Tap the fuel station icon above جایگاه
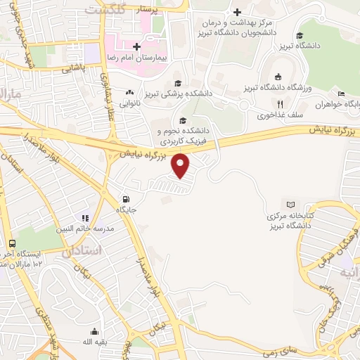tap(126, 199)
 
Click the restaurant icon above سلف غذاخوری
tap(281, 104)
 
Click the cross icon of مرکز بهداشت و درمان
tap(238, 12)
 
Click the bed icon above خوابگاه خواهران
tap(341, 94)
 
